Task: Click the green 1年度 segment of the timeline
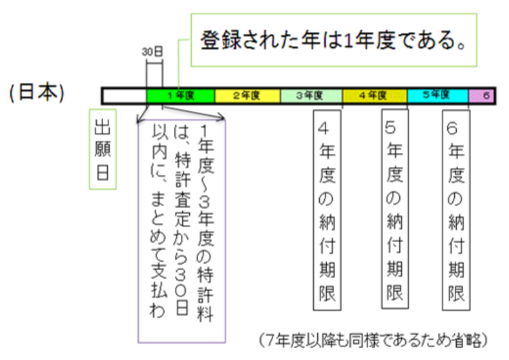[180, 96]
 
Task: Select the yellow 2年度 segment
[247, 96]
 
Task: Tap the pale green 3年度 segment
[311, 96]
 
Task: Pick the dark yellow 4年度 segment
[375, 96]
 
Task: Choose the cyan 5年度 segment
[438, 96]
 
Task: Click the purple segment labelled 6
[481, 96]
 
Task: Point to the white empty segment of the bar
[125, 96]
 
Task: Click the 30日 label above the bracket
[152, 52]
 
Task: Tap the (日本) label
[37, 92]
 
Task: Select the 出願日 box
[102, 149]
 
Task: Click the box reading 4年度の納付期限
[327, 210]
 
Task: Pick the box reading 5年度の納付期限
[394, 209]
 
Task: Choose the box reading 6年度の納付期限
[456, 210]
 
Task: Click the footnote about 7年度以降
[373, 340]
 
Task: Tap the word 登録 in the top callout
[221, 41]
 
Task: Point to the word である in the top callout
[426, 41]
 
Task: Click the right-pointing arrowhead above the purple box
[222, 117]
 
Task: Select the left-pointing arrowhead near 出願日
[140, 121]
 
